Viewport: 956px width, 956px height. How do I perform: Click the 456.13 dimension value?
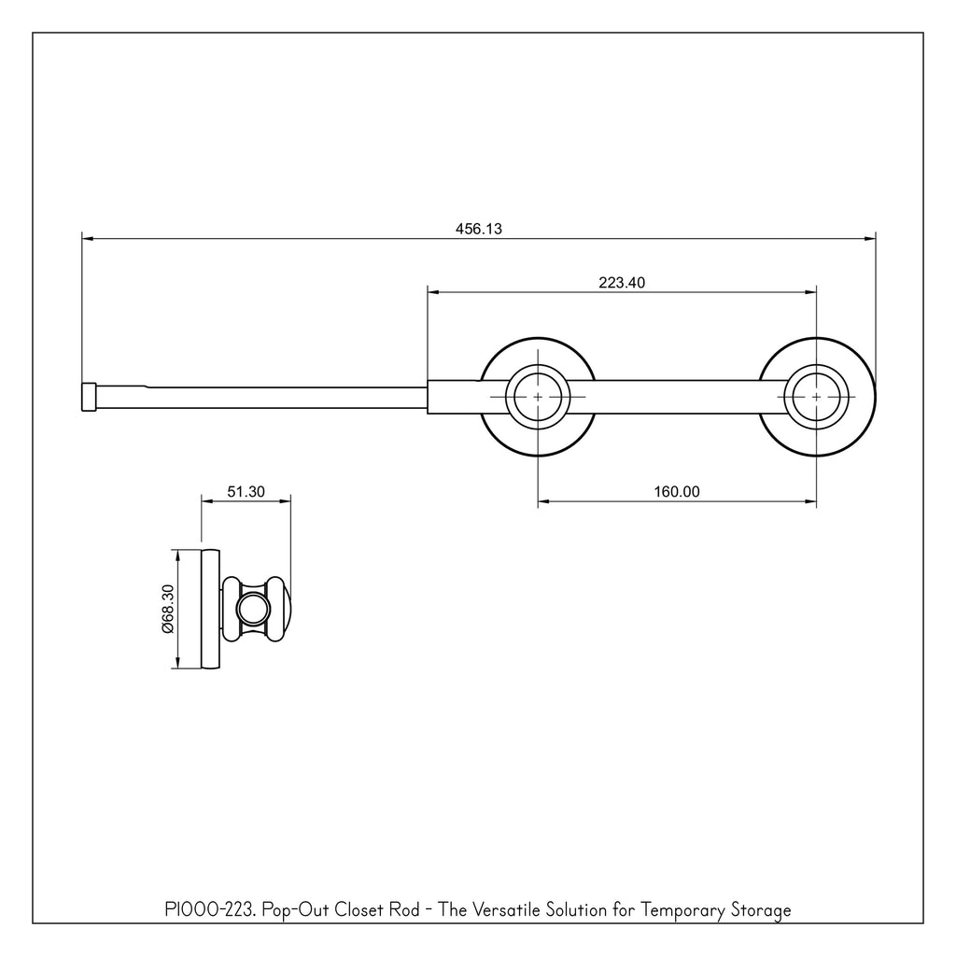(479, 229)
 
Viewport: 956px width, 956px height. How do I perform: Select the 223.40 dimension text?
(621, 282)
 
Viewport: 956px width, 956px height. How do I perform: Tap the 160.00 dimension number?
(677, 491)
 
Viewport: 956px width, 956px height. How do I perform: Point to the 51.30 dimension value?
(246, 491)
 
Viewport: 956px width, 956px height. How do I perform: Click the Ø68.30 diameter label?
(168, 609)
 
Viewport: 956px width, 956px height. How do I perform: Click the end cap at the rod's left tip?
(89, 398)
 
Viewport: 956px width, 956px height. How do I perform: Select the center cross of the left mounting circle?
(538, 397)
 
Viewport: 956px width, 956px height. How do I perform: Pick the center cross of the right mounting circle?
(816, 397)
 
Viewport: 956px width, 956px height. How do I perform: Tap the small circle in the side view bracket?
(252, 609)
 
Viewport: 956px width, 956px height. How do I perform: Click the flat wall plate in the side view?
(210, 609)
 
